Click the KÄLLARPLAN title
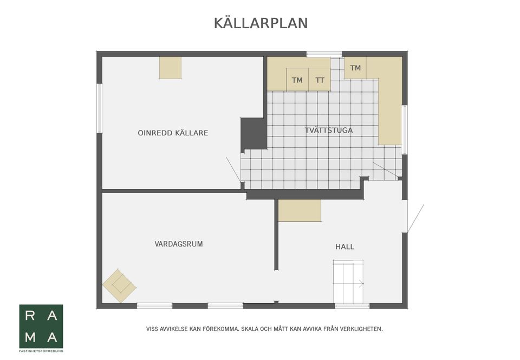pos(261,23)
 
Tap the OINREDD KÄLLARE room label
pos(173,133)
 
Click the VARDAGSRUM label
pos(179,244)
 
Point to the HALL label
pos(344,247)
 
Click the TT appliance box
pos(320,80)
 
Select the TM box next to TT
pos(297,80)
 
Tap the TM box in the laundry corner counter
pos(355,68)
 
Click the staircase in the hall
pos(348,282)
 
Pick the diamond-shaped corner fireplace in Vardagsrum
pos(119,285)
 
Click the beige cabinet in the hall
pos(300,211)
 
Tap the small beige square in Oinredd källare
pos(170,68)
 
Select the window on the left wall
pos(99,108)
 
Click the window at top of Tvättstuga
pos(324,54)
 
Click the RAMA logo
pos(41,326)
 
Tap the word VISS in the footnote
pos(153,329)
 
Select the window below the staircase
pos(352,306)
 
